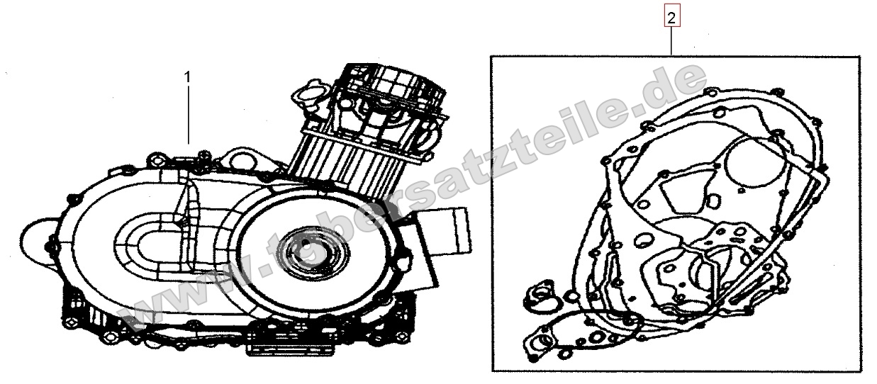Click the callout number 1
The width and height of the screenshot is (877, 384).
(188, 77)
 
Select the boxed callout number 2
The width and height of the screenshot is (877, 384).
(671, 16)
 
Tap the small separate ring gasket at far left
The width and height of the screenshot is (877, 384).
(544, 291)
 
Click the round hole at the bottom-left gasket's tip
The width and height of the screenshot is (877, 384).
(545, 344)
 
